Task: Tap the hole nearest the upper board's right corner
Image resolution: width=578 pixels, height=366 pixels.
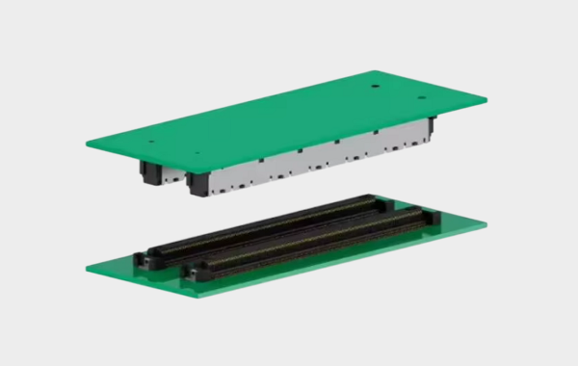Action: click(x=421, y=97)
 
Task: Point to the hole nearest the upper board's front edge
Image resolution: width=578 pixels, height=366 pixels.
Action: click(x=197, y=152)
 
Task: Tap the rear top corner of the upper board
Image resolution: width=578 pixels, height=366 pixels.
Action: click(x=377, y=70)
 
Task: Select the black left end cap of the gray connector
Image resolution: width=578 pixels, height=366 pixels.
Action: click(x=197, y=184)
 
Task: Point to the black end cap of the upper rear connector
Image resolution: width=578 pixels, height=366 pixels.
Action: click(x=149, y=172)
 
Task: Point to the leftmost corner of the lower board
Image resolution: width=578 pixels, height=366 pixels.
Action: click(x=87, y=268)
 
